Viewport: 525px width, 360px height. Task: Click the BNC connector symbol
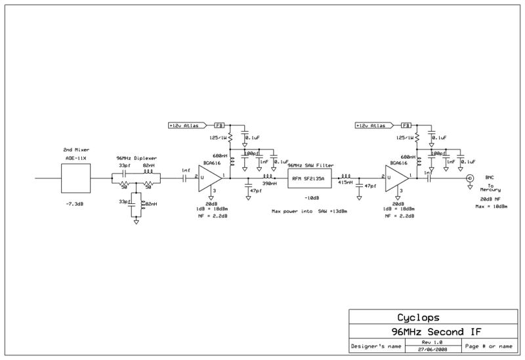pos(469,178)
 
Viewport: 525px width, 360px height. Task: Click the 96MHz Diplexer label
pos(136,159)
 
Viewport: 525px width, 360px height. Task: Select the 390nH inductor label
pos(268,184)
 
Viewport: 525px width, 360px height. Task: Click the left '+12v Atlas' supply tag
pos(187,125)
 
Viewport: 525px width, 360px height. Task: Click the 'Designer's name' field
pos(374,346)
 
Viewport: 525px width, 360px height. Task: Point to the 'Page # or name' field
pos(488,346)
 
